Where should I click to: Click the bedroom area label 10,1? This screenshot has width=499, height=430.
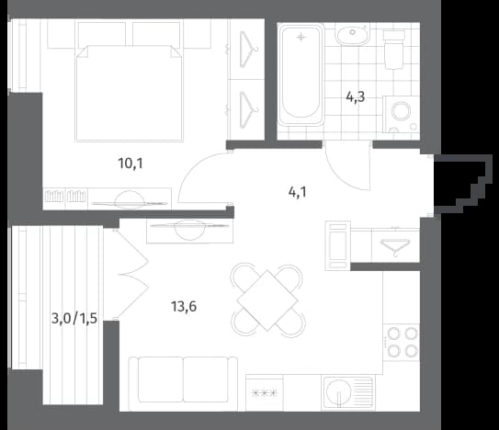[130, 164]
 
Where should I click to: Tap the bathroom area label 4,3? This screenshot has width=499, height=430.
[356, 97]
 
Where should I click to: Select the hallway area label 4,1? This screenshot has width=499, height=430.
[298, 192]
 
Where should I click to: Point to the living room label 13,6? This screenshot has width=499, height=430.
[184, 307]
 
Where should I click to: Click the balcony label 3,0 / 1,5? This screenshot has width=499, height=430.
[74, 318]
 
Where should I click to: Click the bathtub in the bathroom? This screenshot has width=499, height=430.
[301, 74]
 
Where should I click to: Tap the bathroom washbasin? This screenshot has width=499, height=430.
[352, 35]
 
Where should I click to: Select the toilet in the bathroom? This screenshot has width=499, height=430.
[394, 50]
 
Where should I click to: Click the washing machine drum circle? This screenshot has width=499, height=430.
[401, 111]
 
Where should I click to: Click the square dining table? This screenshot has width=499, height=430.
[267, 300]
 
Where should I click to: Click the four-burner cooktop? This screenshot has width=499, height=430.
[402, 343]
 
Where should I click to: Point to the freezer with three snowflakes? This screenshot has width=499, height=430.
[265, 393]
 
